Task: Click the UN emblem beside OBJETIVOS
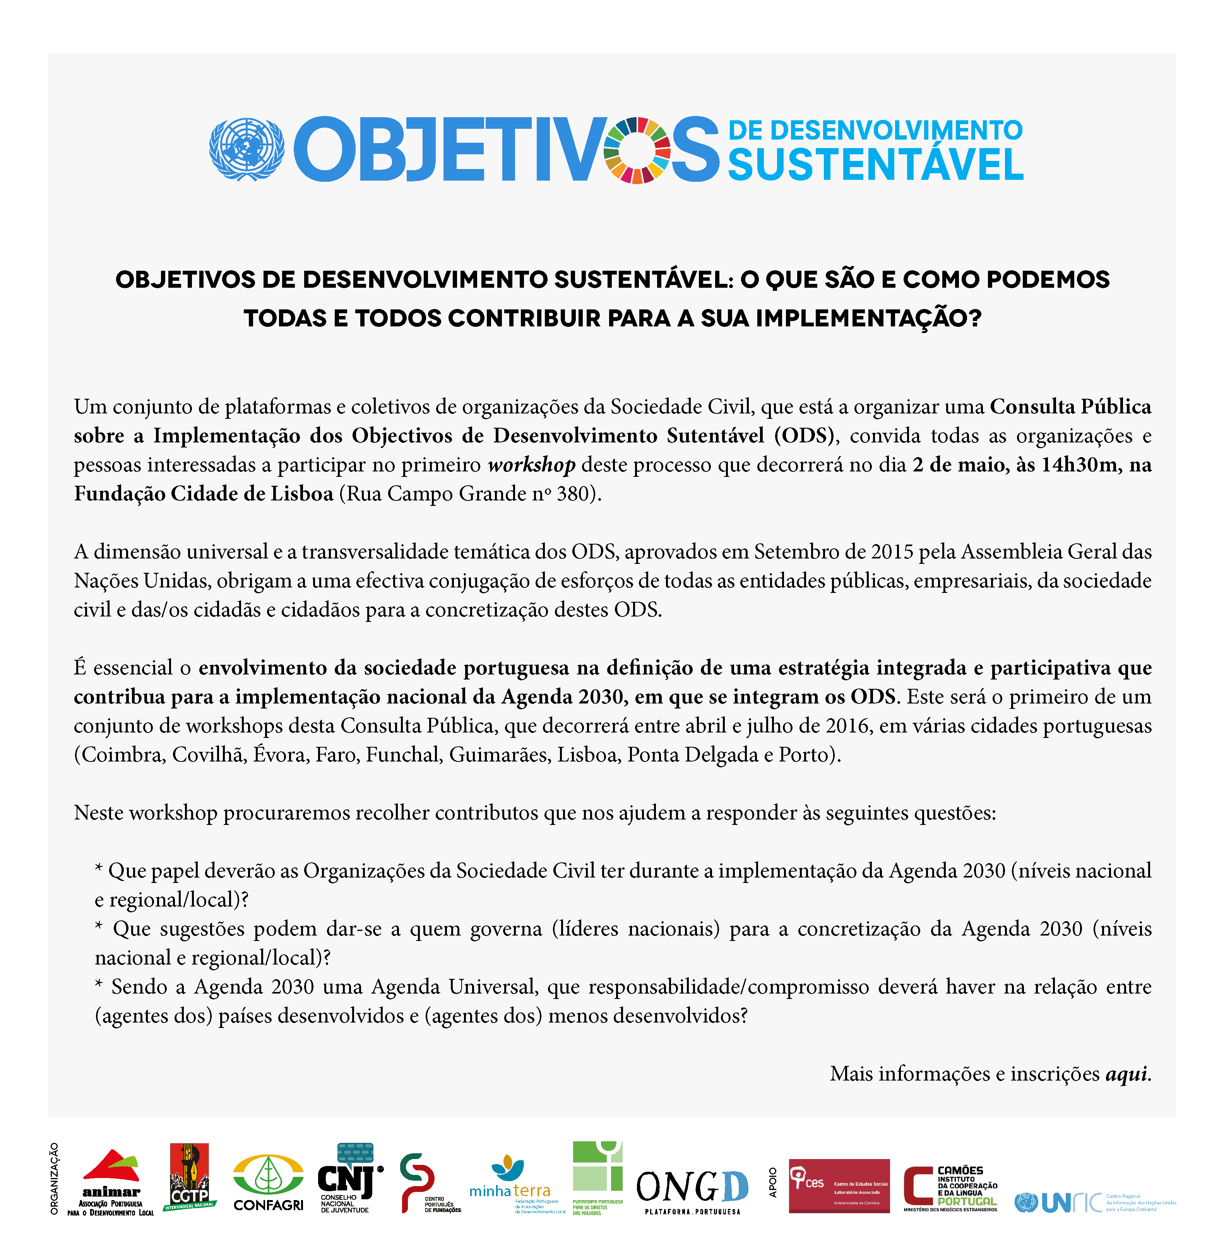pyautogui.click(x=247, y=149)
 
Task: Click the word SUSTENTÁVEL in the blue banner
pyautogui.click(x=875, y=165)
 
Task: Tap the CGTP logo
pyautogui.click(x=190, y=1176)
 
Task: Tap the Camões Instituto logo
pyautogui.click(x=951, y=1188)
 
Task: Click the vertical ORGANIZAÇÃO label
pyautogui.click(x=55, y=1178)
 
